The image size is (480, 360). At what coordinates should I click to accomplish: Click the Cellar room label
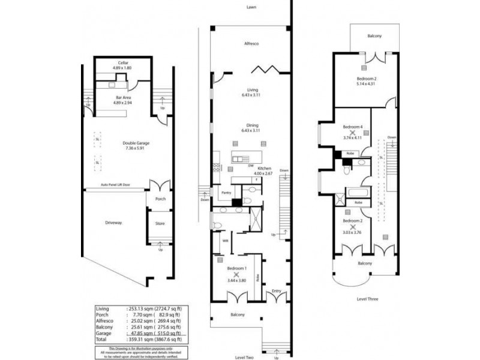(123, 63)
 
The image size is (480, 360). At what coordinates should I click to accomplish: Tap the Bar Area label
(122, 97)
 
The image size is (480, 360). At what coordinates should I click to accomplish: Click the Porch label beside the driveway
(160, 199)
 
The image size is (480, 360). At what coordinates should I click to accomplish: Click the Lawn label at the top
(251, 8)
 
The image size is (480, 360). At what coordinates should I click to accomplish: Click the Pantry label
(226, 193)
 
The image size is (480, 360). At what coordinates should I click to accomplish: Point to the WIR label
(226, 241)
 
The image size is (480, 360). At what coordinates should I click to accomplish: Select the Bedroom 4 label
(353, 127)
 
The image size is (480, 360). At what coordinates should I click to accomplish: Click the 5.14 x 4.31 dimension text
(366, 84)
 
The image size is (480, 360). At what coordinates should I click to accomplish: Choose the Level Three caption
(367, 298)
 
